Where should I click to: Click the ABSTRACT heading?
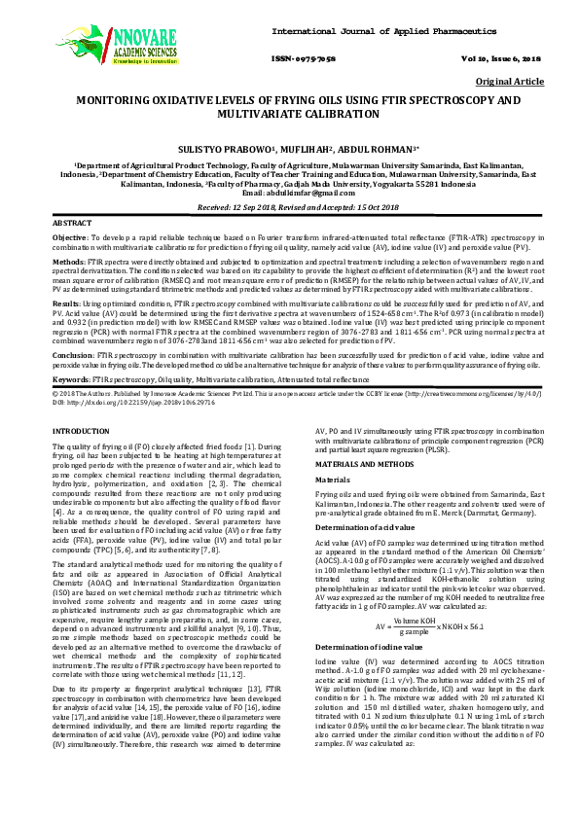coord(71,224)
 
